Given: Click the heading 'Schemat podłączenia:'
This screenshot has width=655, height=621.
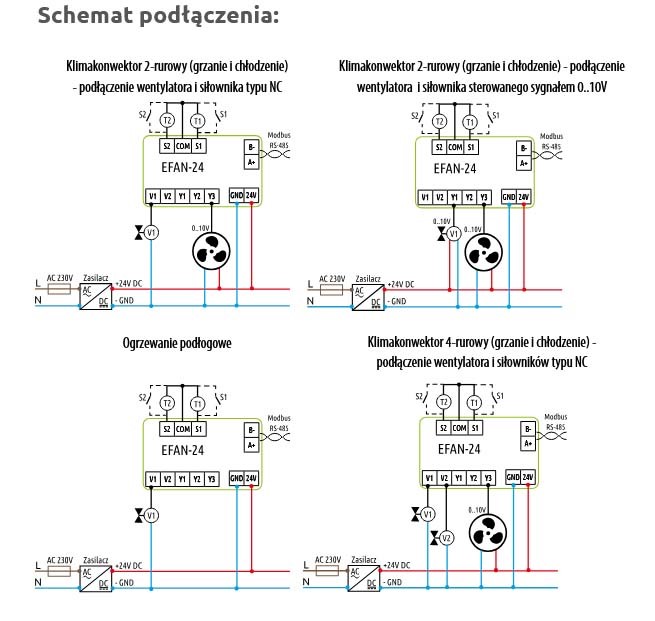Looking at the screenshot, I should click(144, 17).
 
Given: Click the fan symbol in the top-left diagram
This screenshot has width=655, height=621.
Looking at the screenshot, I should click(211, 251).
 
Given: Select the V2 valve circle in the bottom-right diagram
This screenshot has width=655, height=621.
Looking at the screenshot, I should click(447, 538).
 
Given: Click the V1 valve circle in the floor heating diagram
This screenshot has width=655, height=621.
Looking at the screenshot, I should click(152, 515).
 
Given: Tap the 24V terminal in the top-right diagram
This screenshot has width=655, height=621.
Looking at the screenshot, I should click(526, 196).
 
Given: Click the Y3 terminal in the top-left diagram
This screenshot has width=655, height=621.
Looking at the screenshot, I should click(211, 195).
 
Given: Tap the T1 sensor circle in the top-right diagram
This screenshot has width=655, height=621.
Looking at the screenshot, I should click(470, 122).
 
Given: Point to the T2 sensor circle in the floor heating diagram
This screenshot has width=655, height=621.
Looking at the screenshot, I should click(167, 404).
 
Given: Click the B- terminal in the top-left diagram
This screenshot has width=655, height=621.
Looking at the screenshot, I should click(250, 147).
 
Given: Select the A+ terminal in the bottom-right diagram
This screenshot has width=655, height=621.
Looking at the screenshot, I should click(526, 447).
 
